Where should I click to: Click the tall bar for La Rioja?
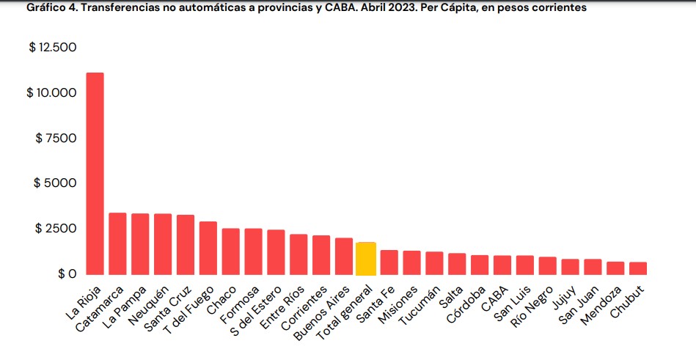coord(95,174)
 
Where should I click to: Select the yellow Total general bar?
coord(366,259)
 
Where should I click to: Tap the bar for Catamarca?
coord(117,243)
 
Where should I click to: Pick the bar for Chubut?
coord(638,268)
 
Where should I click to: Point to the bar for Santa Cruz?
coord(186,245)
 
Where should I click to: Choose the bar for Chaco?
coord(230,251)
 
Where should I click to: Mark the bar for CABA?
coord(502,265)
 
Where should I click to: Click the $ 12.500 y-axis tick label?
coord(52,48)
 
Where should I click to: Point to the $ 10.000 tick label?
coord(52,93)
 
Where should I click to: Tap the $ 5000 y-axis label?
coord(55,183)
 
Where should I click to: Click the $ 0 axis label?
coord(65,273)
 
